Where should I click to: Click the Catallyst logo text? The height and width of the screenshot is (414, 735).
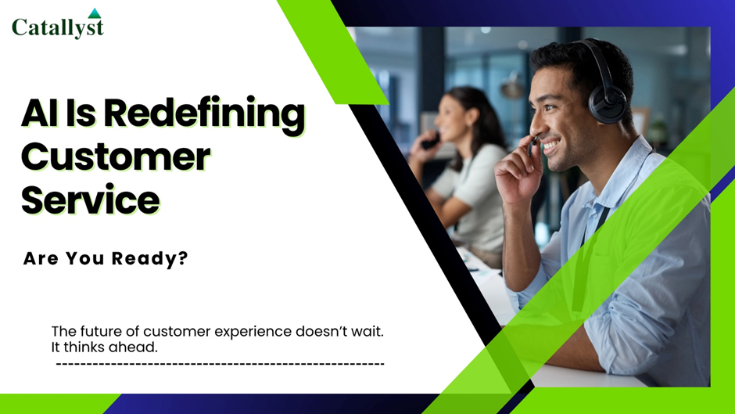58,27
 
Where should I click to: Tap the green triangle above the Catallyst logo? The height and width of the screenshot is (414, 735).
95,13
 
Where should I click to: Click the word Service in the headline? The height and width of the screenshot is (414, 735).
91,200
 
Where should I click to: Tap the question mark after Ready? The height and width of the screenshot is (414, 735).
183,257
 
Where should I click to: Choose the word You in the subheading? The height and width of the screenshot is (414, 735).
85,258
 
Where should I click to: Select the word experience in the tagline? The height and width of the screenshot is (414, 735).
253,333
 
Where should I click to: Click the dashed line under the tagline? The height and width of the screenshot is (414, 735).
220,364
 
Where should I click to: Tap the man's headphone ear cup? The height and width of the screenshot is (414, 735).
607,103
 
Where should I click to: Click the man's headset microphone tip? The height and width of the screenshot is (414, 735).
534,141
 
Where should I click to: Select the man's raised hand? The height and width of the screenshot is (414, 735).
518,174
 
